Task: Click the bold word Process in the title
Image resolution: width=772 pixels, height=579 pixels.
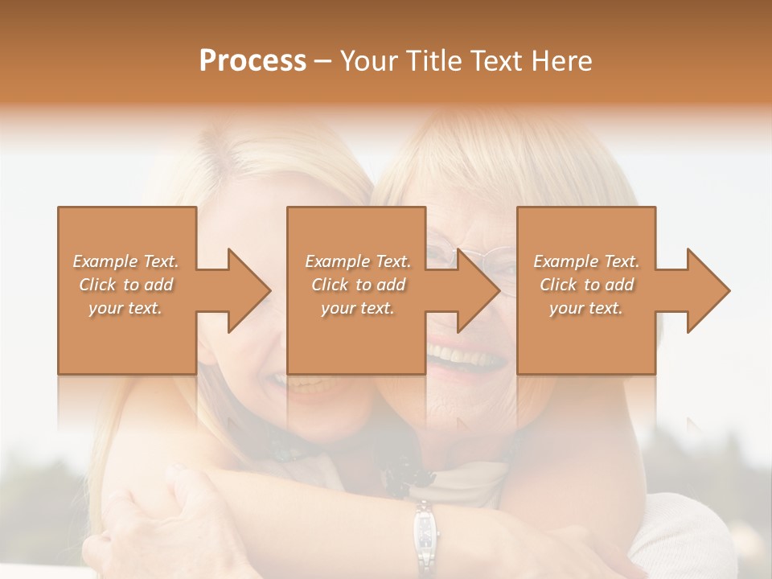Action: (x=253, y=61)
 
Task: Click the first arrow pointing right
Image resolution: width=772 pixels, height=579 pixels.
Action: (x=238, y=290)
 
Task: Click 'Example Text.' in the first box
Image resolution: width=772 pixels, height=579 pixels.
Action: (x=126, y=261)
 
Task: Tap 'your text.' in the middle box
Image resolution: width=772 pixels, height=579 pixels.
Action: (x=357, y=308)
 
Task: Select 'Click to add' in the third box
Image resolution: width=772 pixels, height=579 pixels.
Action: (x=586, y=285)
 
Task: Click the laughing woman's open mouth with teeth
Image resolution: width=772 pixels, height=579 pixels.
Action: (x=466, y=354)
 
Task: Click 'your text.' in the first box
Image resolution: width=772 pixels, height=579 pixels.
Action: (x=125, y=308)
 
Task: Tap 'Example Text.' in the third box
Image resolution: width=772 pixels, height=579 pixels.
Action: (x=586, y=261)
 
